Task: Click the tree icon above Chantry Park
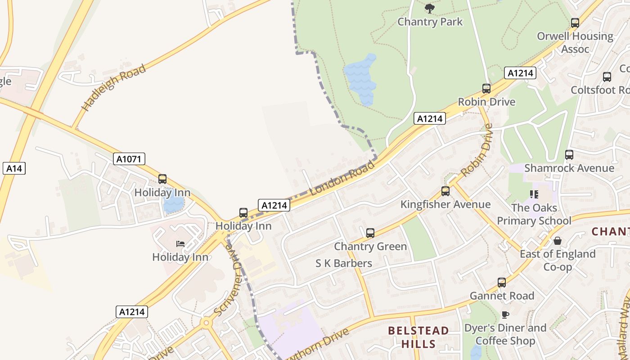point(430,8)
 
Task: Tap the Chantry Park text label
point(430,22)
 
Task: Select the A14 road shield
point(14,168)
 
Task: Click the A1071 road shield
point(129,159)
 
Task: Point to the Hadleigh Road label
point(114,88)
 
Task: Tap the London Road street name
point(342,178)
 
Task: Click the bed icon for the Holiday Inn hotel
point(180,244)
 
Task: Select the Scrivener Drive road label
point(229,281)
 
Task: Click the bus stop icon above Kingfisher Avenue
point(445,191)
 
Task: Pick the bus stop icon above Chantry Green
point(370,233)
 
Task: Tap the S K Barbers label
point(344,263)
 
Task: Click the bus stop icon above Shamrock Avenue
point(569,155)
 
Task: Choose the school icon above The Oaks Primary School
point(534,194)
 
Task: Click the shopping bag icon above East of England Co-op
point(558,241)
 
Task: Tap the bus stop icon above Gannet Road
point(502,283)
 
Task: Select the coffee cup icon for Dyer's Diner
point(505,315)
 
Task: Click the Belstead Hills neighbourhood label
point(418,337)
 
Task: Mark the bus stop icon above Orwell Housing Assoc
point(575,23)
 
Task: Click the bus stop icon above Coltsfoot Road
point(607,77)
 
